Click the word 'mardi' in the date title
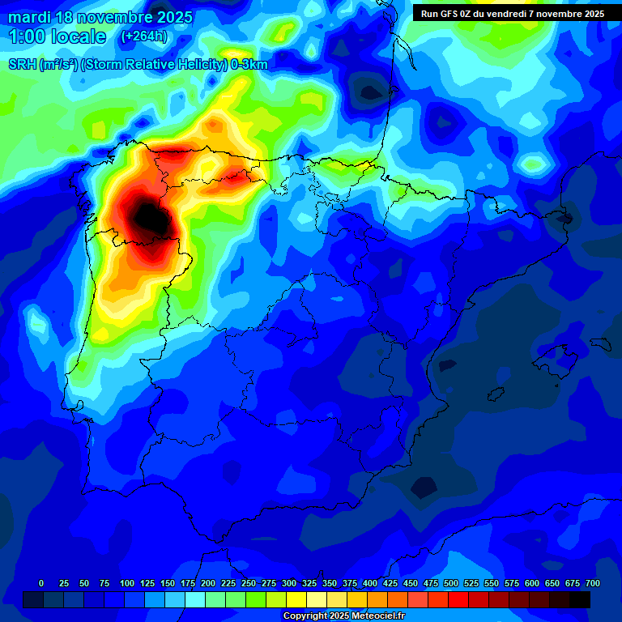tap(29, 17)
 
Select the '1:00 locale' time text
tap(58, 36)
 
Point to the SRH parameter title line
tap(138, 65)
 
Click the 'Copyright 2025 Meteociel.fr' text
tap(343, 616)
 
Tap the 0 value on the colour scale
tap(41, 583)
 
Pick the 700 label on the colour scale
tap(591, 583)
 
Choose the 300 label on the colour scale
tap(289, 583)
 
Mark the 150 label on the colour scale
tap(168, 583)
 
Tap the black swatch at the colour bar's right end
tap(580, 599)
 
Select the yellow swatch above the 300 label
tap(296, 599)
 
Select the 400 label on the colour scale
tap(370, 583)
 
